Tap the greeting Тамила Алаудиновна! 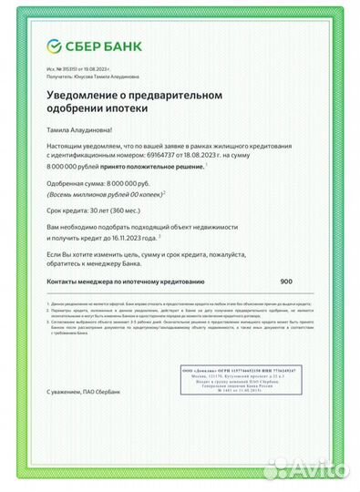pyautogui.click(x=85, y=130)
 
